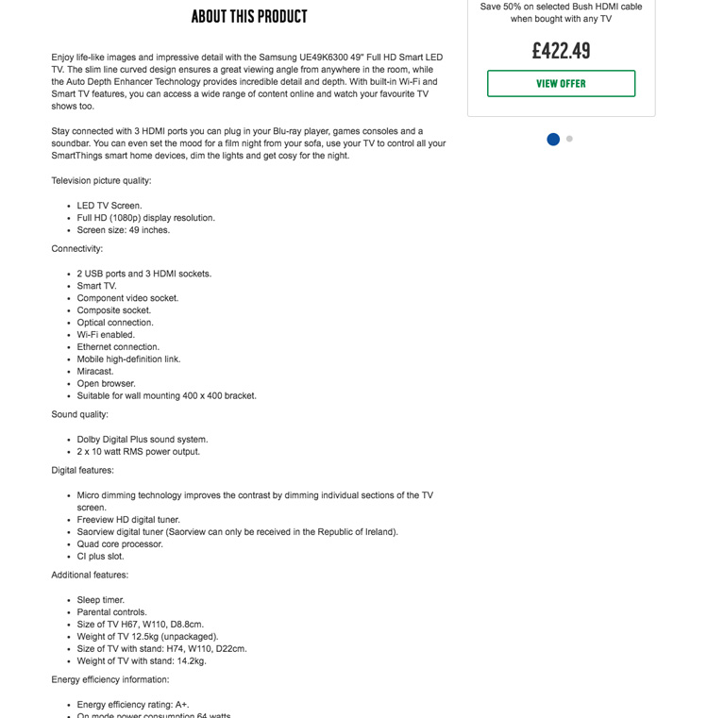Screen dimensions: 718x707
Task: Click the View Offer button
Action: [x=561, y=84]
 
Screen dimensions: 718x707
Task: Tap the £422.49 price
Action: [x=561, y=51]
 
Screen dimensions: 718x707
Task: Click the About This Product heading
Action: [x=249, y=17]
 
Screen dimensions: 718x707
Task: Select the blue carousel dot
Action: [x=553, y=140]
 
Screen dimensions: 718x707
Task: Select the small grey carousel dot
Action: [x=569, y=139]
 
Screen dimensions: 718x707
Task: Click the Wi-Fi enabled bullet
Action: [x=106, y=335]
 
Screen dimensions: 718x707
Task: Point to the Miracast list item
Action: [x=95, y=372]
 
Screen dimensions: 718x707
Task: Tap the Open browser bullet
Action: [x=106, y=384]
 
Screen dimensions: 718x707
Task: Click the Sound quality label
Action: [x=80, y=414]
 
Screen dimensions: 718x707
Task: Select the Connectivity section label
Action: [x=77, y=249]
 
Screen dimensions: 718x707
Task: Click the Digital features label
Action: [x=83, y=471]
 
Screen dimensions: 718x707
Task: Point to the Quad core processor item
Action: [x=120, y=544]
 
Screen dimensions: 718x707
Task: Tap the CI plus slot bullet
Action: [x=101, y=557]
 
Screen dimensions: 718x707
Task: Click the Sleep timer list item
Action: [x=101, y=600]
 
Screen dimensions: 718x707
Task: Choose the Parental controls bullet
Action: [x=112, y=612]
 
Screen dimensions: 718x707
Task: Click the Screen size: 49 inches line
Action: [x=124, y=230]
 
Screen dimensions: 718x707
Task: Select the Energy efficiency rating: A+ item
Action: [x=133, y=705]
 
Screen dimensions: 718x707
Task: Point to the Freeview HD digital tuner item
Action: [x=128, y=520]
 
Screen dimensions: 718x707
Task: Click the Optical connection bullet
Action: [x=115, y=323]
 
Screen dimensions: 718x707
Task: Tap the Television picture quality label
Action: [x=102, y=181]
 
